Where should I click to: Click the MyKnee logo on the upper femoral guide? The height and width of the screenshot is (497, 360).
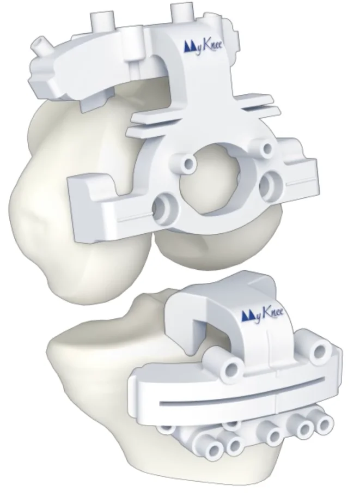point(203,46)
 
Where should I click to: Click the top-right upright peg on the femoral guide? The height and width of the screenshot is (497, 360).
point(182,12)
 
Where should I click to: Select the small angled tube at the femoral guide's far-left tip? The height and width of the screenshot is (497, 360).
point(40,45)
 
